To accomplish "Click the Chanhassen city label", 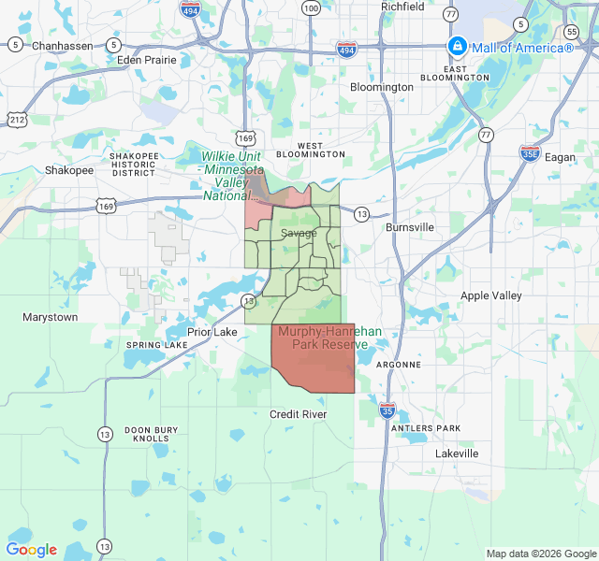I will pyautogui.click(x=64, y=45).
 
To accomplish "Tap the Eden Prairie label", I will pyautogui.click(x=147, y=59).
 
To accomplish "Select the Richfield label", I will pyautogui.click(x=402, y=7).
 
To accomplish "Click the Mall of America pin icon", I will pyautogui.click(x=457, y=46).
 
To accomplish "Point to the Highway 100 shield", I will pyautogui.click(x=311, y=7).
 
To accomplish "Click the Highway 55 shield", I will pyautogui.click(x=572, y=32).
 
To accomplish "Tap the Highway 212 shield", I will pyautogui.click(x=16, y=119).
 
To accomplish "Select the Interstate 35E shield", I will pyautogui.click(x=530, y=152).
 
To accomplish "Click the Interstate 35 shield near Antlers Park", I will pyautogui.click(x=387, y=410).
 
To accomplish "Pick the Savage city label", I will pyautogui.click(x=299, y=233).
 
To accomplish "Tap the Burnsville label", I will pyautogui.click(x=410, y=227).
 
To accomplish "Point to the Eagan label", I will pyautogui.click(x=560, y=157).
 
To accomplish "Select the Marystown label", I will pyautogui.click(x=51, y=317).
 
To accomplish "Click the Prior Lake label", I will pyautogui.click(x=212, y=332).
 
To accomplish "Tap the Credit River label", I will pyautogui.click(x=298, y=414).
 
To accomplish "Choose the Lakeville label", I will pyautogui.click(x=457, y=453).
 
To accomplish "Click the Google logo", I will pyautogui.click(x=32, y=550).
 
